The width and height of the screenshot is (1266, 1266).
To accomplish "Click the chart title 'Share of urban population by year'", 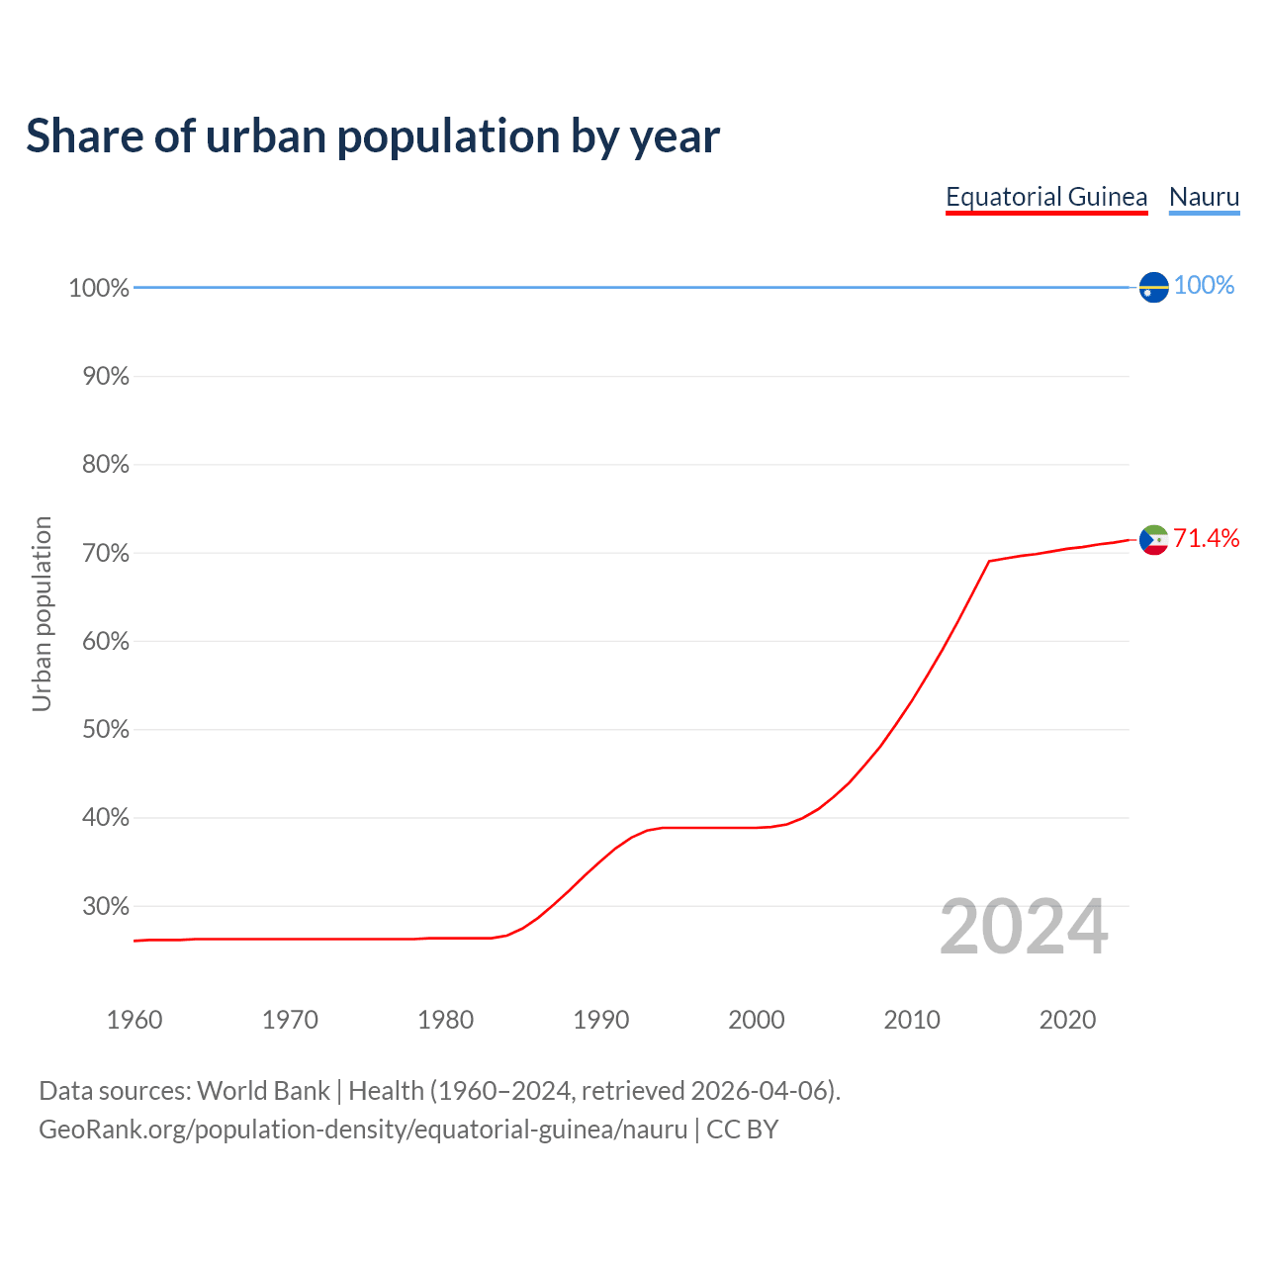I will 373,136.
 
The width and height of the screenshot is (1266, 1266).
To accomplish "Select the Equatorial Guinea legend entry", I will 1046,197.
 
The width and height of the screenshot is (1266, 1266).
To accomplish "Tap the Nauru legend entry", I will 1204,197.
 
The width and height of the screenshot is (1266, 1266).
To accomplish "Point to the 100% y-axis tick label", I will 99,288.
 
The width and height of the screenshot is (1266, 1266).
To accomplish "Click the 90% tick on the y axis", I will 105,377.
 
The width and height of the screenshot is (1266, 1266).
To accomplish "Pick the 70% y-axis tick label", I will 105,553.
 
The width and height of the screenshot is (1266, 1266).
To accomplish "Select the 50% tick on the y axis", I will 105,730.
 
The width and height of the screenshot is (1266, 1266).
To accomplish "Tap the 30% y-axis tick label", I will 105,906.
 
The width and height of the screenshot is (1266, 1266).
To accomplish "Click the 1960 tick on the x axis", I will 135,1020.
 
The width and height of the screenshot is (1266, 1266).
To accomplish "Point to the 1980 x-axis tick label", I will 446,1020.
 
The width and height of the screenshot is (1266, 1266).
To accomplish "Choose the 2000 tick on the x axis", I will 757,1020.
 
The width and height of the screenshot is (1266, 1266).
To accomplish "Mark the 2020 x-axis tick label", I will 1067,1020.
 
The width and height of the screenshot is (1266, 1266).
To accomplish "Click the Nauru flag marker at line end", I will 1153,287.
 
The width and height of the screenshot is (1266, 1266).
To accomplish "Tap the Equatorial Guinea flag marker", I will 1153,540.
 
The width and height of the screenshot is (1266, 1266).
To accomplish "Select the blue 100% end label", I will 1204,286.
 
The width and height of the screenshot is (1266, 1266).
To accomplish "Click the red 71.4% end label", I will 1206,539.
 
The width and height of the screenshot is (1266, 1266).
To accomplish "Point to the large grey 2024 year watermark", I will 1024,927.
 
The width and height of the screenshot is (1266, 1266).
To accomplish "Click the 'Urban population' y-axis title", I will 42,613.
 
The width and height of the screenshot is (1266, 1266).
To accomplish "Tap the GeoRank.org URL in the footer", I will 363,1130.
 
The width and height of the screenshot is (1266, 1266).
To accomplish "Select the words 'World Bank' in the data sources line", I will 263,1091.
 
